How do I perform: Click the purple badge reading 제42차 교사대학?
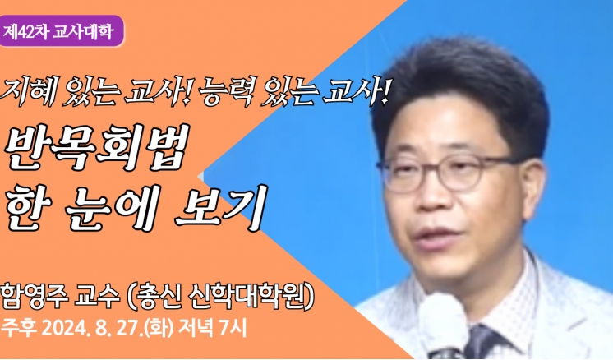click(x=61, y=31)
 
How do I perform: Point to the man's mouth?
click(x=438, y=236)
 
